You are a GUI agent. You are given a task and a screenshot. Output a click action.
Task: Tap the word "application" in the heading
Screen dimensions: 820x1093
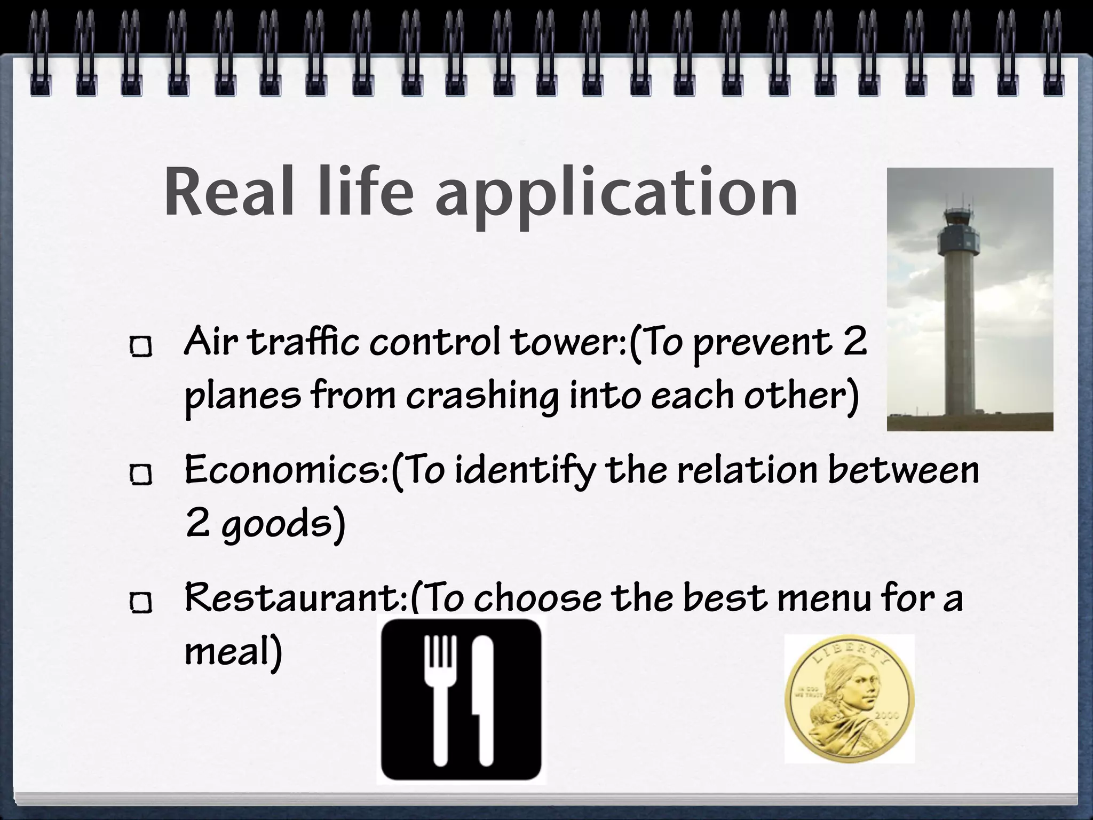[x=616, y=195]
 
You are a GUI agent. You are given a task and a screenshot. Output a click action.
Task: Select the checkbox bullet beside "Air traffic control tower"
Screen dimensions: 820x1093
[x=141, y=348]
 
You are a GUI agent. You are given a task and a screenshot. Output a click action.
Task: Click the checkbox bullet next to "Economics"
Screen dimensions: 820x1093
[x=141, y=475]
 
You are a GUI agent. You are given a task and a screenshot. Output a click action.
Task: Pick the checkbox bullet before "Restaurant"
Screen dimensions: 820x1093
[x=141, y=603]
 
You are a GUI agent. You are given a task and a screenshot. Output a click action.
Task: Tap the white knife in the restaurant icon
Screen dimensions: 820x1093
[x=483, y=694]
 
